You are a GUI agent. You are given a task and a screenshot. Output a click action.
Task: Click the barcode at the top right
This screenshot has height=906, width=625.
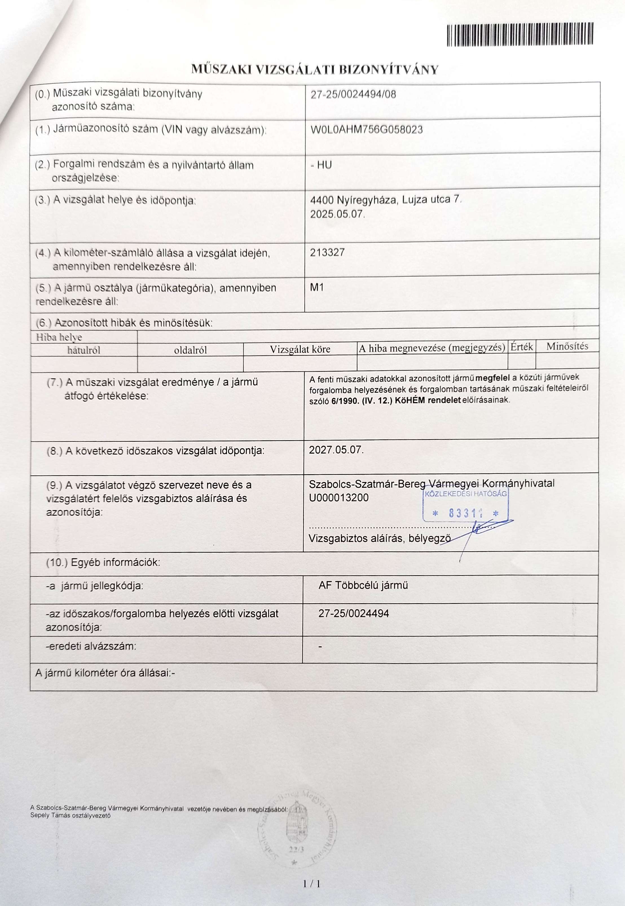coord(520,34)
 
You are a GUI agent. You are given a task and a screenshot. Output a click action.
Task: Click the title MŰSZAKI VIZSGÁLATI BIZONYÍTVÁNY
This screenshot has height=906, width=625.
coord(315,70)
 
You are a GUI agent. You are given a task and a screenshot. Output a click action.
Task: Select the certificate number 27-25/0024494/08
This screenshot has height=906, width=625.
coord(353,94)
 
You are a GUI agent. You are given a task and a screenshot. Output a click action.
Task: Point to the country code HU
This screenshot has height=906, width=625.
coord(324,165)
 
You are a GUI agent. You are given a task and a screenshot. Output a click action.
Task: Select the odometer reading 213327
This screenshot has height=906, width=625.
coord(327,252)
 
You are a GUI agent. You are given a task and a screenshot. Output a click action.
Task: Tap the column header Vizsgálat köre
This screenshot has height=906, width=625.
coord(300,349)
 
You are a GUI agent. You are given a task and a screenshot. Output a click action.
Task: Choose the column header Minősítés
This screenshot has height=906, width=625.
coord(567,346)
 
